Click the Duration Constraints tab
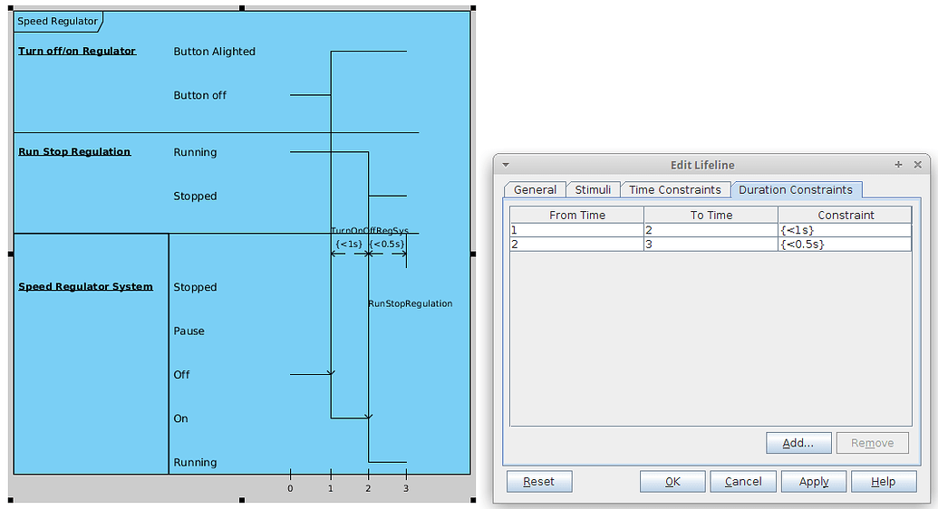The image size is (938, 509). (795, 190)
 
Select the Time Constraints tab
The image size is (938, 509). (674, 190)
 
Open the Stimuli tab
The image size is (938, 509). (593, 190)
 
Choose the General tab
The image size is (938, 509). (535, 190)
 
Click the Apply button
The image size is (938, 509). (813, 482)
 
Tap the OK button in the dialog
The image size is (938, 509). (672, 482)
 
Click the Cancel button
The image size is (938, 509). (742, 482)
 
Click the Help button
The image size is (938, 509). (883, 482)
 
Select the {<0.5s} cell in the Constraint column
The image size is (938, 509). (844, 245)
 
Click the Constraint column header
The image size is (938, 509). (845, 216)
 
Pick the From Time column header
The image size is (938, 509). (576, 216)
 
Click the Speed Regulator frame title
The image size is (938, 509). (57, 21)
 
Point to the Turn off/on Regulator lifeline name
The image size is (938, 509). (77, 52)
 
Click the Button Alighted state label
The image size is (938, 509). (214, 52)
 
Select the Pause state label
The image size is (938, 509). (189, 331)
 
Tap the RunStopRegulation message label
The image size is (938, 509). (410, 304)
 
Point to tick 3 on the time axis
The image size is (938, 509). (405, 488)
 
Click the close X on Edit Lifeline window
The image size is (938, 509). (917, 165)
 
